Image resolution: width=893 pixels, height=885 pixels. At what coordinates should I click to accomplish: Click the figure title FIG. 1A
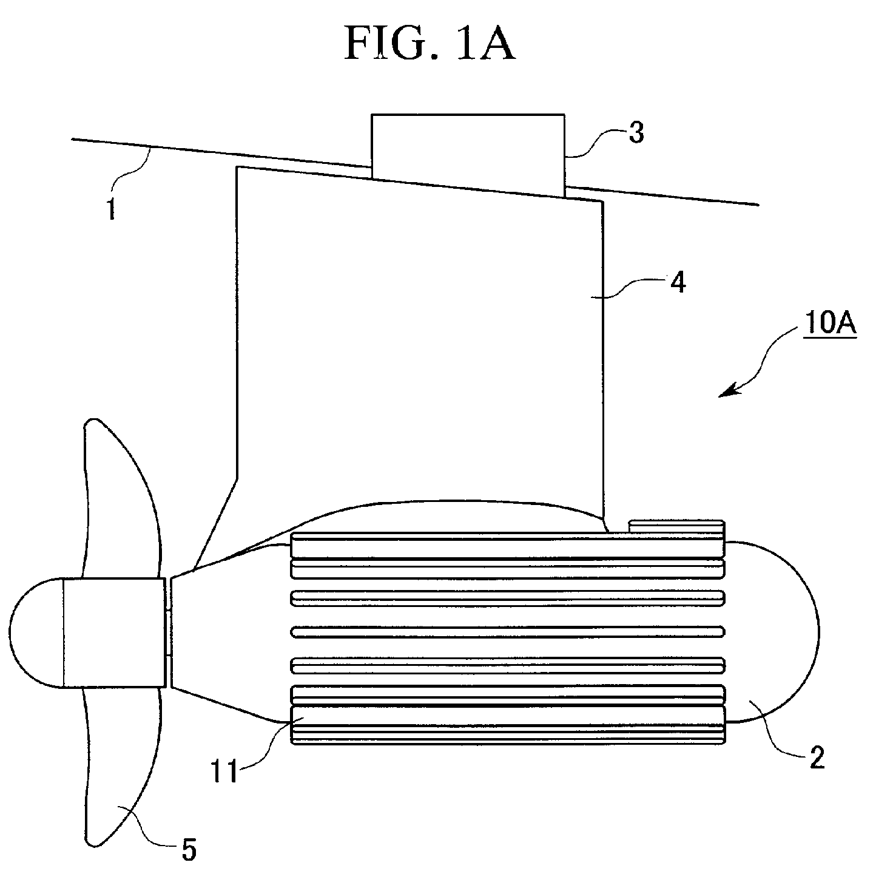tap(430, 44)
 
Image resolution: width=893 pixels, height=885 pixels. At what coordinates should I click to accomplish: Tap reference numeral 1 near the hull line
tap(111, 209)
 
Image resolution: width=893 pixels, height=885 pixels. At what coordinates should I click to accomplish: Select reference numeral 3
tap(636, 133)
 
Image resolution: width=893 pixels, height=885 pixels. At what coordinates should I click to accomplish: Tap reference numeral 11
tap(224, 771)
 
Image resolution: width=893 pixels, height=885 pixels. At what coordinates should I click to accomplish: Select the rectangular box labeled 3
tap(468, 155)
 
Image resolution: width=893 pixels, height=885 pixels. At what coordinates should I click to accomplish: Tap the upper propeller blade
tap(121, 498)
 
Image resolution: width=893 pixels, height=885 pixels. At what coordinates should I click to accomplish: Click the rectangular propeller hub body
tap(114, 632)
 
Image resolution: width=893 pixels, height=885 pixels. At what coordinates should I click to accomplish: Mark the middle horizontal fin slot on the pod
tap(507, 632)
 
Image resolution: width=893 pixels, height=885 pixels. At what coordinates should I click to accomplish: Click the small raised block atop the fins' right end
tap(676, 526)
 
